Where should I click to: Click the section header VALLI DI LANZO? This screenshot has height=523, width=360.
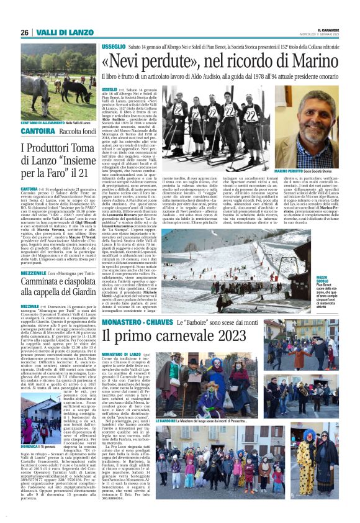(60, 32)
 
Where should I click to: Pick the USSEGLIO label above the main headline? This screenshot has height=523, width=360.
(114, 47)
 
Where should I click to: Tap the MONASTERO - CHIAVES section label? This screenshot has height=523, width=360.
(135, 323)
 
